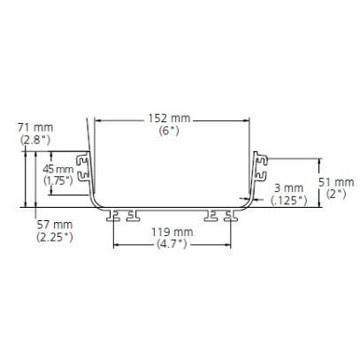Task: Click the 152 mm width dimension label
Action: tap(169, 119)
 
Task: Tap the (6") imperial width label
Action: tap(169, 131)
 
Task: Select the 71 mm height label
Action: tap(35, 127)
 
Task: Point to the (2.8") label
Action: tap(35, 140)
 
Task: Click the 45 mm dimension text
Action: tap(58, 169)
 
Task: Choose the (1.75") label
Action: tap(58, 180)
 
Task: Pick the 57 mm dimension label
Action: tap(55, 225)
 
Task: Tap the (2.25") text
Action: tap(55, 237)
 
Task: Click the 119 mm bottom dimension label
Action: tap(172, 232)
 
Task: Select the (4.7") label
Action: tap(172, 244)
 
